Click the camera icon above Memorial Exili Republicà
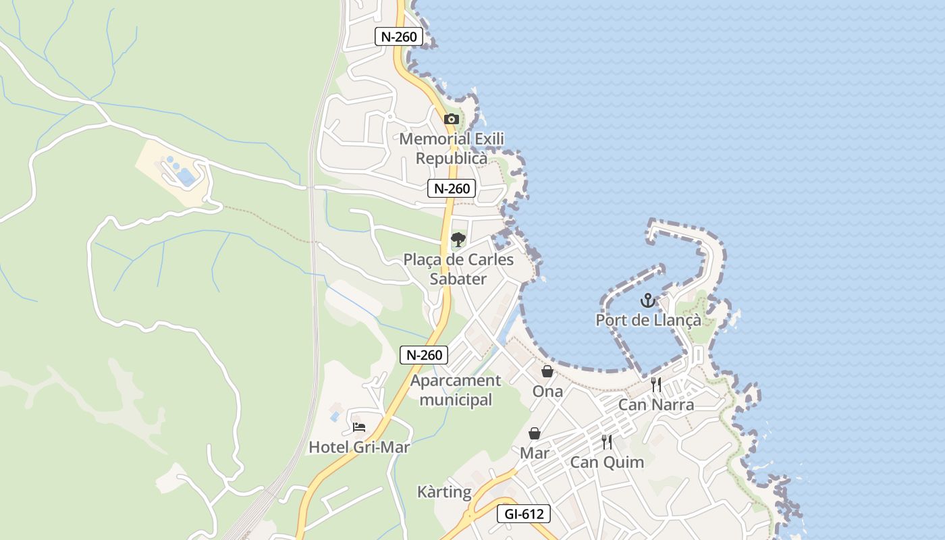tap(452, 119)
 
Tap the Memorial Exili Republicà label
tap(452, 148)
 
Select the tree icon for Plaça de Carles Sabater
tap(458, 239)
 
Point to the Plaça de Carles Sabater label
tap(458, 269)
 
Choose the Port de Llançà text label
tap(648, 320)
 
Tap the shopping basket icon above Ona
tap(547, 371)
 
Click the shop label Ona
tap(547, 391)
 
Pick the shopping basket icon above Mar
tap(535, 433)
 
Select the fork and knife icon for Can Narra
tap(656, 385)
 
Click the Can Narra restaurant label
tap(656, 405)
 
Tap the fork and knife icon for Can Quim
tap(607, 442)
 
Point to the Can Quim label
tap(607, 462)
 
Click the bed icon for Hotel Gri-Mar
tap(359, 427)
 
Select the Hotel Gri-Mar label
tap(359, 447)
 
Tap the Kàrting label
tap(444, 492)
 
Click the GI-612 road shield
tap(524, 514)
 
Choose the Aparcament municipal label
tap(456, 390)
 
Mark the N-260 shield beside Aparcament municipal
tap(424, 354)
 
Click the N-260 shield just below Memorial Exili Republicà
tap(452, 188)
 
